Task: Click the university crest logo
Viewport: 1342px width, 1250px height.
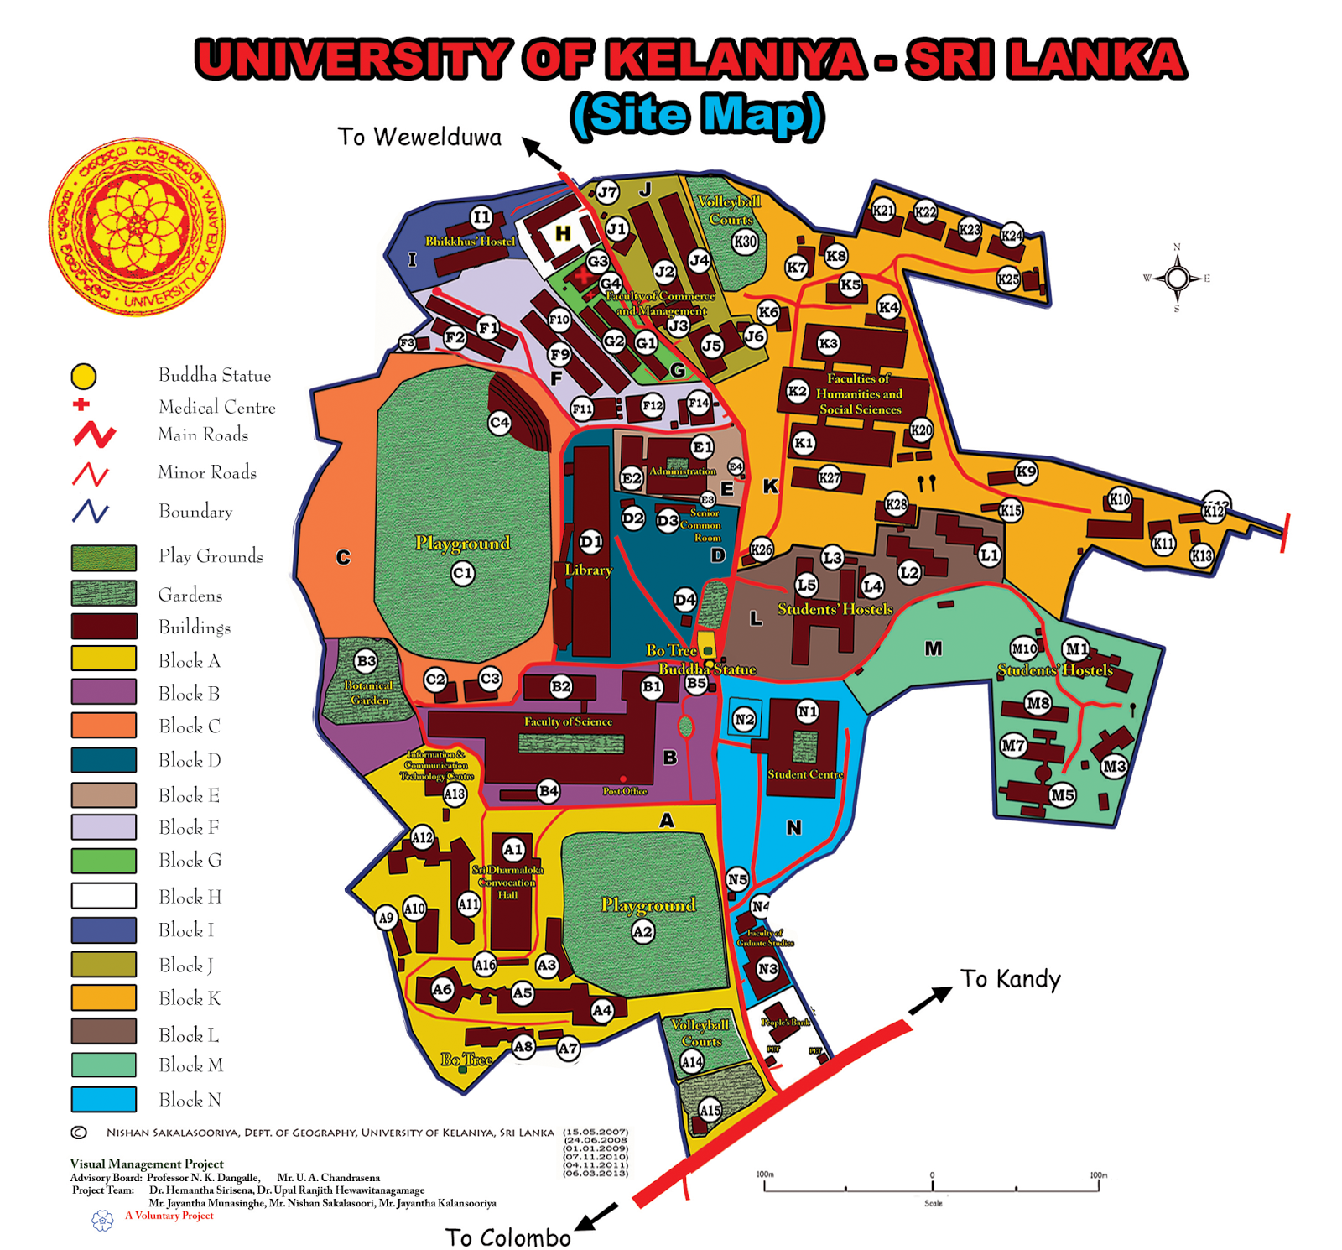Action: coord(137,227)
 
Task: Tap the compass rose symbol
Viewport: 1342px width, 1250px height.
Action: coord(1177,278)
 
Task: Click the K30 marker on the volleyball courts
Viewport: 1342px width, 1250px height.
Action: coord(745,242)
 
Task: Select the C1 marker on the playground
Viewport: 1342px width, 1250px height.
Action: coord(462,574)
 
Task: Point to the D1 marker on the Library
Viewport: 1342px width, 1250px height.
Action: coord(590,542)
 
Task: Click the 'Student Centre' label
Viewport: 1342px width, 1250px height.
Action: coord(804,774)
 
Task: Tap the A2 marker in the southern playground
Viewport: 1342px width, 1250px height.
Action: coord(642,931)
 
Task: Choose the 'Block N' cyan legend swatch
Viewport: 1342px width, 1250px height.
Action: coord(104,1099)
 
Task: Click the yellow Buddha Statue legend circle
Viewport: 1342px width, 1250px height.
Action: coord(84,376)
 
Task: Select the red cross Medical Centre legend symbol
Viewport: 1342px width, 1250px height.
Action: coord(81,404)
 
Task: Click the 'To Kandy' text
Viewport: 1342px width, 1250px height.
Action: coord(1010,979)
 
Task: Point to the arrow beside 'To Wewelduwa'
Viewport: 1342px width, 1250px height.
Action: coord(542,155)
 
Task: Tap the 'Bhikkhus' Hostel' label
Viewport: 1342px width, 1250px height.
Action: coord(470,242)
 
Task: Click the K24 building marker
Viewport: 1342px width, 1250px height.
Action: coord(1012,236)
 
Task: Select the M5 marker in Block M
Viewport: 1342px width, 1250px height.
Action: coord(1062,794)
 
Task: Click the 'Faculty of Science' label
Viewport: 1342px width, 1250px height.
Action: coord(568,721)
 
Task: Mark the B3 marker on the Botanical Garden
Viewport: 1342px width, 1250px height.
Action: coord(366,661)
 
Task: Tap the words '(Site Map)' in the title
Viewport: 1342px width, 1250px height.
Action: coord(697,116)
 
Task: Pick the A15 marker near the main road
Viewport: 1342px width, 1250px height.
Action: coord(710,1110)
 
